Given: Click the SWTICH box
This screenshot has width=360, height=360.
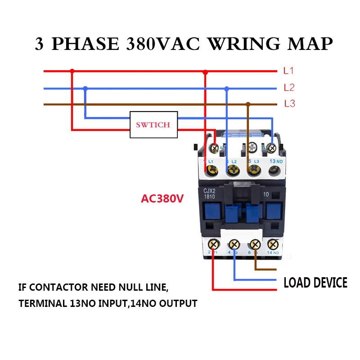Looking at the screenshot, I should point(153,124).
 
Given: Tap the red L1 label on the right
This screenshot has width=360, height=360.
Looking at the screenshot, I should point(288,71).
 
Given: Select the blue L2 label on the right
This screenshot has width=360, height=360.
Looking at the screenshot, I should point(289,87).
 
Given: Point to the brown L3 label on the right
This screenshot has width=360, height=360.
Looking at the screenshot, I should point(289,103).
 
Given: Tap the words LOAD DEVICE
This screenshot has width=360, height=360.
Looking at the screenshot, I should point(315,283).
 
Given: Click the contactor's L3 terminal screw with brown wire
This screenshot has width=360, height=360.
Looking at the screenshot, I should point(252,170).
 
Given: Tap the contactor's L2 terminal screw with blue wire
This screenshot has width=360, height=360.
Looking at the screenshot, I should point(233,170).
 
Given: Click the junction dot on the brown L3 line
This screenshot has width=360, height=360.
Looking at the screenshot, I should point(248,104).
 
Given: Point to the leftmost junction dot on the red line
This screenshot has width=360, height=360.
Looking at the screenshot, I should point(72,71).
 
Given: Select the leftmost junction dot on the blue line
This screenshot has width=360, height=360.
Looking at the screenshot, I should point(85,88).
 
